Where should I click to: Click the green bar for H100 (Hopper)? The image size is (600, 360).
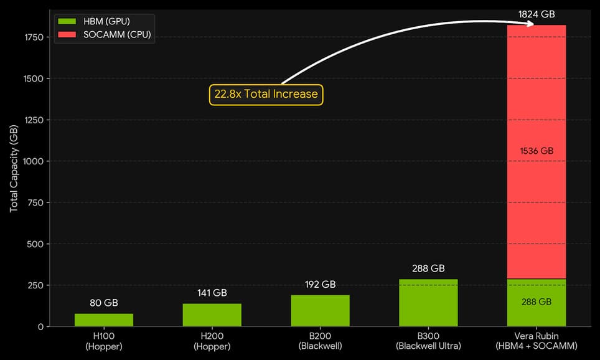[104, 320]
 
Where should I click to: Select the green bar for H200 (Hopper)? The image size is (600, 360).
[212, 315]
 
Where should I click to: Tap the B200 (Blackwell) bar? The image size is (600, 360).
[320, 310]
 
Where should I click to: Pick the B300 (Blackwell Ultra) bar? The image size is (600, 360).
[428, 303]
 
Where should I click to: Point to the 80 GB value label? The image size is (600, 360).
[104, 303]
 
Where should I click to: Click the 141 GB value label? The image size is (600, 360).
[212, 293]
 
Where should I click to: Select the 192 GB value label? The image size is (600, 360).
[320, 285]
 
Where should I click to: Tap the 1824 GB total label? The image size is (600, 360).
[536, 14]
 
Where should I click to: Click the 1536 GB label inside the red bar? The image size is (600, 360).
[536, 151]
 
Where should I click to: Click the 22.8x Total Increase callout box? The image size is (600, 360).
[266, 95]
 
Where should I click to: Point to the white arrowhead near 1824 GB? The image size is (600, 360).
[530, 24]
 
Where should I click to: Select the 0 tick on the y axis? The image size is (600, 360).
[39, 326]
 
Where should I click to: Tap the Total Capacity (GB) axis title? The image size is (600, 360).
[14, 168]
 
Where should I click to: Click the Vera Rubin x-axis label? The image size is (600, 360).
[536, 341]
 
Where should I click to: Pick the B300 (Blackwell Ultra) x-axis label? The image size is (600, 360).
[428, 341]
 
